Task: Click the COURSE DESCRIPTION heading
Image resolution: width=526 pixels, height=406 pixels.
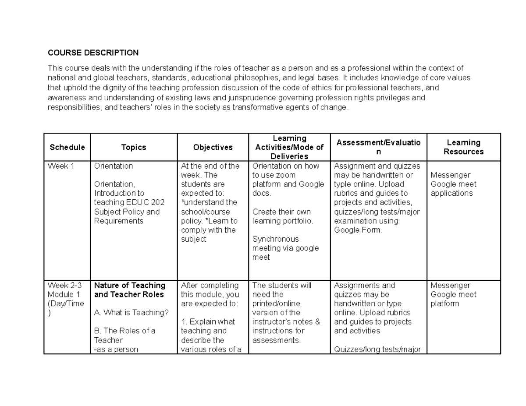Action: click(93, 53)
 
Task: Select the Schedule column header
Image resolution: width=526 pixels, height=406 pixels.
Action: click(67, 148)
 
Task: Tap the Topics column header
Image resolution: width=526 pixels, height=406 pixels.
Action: click(134, 148)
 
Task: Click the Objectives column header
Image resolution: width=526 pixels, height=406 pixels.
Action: click(213, 148)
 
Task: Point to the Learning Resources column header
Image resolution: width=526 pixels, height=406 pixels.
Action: click(463, 147)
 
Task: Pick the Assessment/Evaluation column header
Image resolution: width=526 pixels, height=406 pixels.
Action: click(378, 147)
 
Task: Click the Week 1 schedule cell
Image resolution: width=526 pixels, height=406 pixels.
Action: click(60, 166)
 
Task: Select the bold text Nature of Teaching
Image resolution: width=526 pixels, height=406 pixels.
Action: click(130, 286)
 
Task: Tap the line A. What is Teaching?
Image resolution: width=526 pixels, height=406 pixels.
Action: click(131, 313)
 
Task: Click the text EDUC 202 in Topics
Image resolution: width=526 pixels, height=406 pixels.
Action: click(143, 202)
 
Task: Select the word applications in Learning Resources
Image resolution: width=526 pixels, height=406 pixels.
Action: click(451, 194)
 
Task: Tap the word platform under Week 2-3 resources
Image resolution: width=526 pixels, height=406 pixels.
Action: click(445, 304)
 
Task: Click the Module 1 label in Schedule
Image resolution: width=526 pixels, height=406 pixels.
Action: click(62, 294)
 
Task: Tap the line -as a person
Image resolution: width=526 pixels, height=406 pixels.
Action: click(116, 350)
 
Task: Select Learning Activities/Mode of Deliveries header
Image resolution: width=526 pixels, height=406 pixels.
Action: click(289, 147)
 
